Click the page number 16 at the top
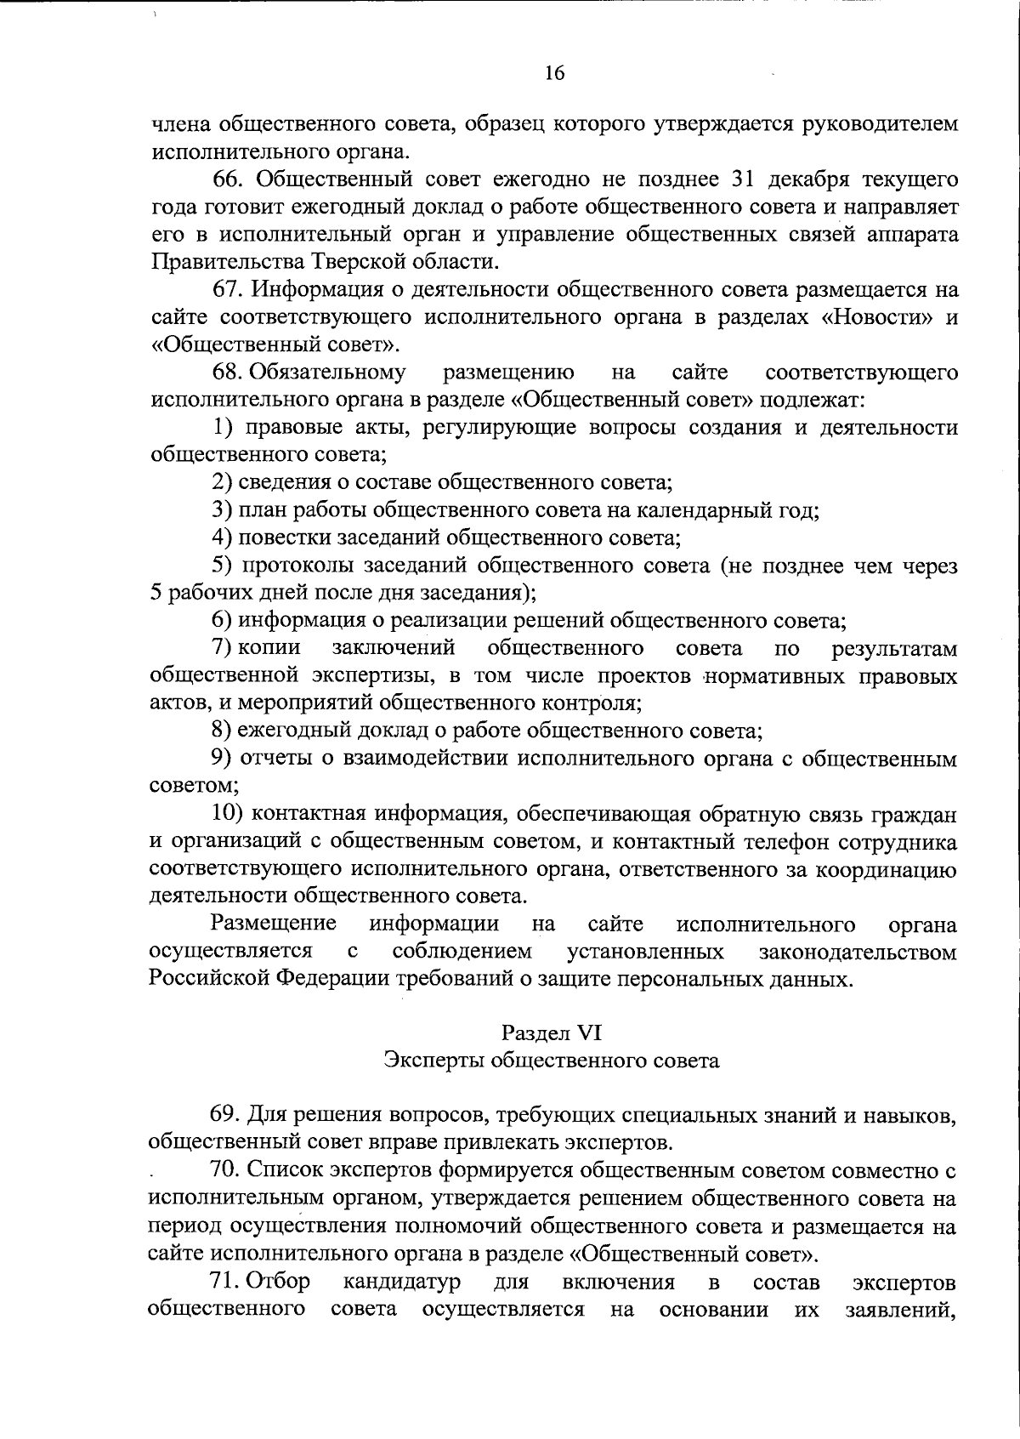(x=553, y=74)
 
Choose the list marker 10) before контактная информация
(x=228, y=814)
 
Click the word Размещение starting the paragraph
(x=273, y=924)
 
